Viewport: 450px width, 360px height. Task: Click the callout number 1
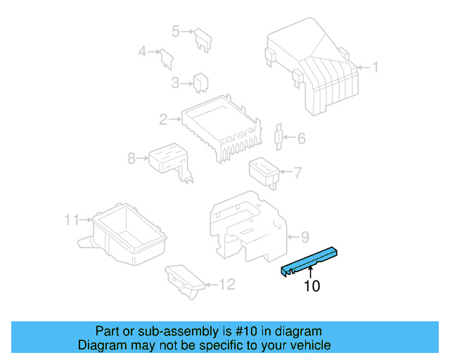click(x=375, y=67)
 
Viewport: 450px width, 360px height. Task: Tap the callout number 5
click(x=176, y=31)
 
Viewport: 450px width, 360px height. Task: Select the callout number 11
click(x=72, y=220)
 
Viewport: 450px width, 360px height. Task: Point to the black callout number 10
click(x=311, y=286)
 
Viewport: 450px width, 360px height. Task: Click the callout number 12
click(x=227, y=285)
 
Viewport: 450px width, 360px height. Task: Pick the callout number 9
click(x=304, y=237)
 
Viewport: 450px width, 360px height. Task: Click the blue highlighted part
click(x=309, y=262)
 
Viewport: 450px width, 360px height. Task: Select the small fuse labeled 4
click(x=167, y=59)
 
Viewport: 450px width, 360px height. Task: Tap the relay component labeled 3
click(x=200, y=83)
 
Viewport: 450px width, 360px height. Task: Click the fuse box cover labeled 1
click(x=312, y=67)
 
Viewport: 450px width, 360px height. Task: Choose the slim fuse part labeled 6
click(x=278, y=137)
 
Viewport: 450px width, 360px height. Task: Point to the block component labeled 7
click(x=264, y=172)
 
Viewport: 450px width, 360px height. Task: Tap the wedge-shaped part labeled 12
click(x=185, y=281)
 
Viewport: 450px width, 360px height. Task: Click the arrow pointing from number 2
click(x=175, y=119)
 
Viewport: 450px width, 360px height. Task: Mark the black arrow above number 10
click(x=310, y=271)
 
